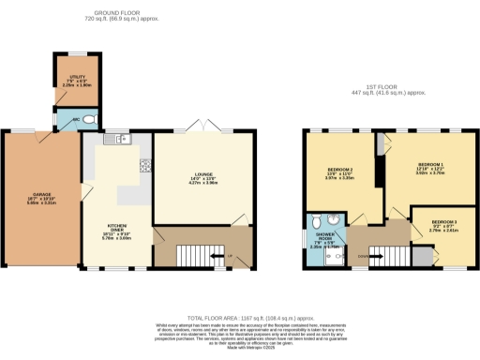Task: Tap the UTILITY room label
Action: [67, 81]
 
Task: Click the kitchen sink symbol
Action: [120, 140]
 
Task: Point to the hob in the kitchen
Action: [145, 166]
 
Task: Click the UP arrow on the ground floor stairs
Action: [229, 255]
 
